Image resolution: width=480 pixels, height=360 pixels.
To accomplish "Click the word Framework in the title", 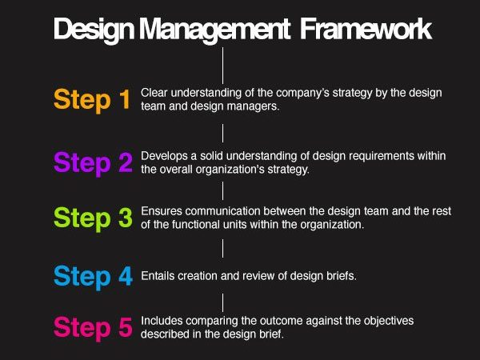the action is click(x=366, y=29).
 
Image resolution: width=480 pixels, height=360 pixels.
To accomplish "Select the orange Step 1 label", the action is click(x=92, y=100).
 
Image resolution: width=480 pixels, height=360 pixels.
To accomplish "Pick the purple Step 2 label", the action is click(x=93, y=163).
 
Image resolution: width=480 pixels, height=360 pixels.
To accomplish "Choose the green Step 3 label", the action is click(x=93, y=218).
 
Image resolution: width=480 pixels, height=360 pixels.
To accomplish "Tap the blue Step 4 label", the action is click(x=93, y=277).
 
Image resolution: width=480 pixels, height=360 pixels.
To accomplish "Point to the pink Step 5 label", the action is click(x=93, y=328).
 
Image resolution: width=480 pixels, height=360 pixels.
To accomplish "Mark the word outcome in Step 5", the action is click(x=282, y=321).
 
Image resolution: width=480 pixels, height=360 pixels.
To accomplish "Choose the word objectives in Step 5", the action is click(x=389, y=321).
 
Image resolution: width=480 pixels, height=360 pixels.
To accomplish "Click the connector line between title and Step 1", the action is click(x=222, y=66).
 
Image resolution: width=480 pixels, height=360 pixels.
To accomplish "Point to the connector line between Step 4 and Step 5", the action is click(x=222, y=302).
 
